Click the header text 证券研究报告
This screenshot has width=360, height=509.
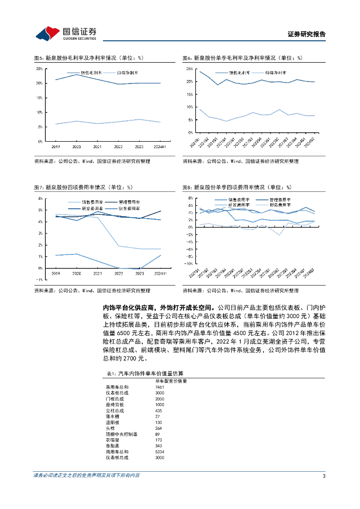coord(307,34)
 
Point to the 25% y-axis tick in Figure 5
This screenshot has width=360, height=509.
coord(39,69)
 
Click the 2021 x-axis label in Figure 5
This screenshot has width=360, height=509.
coord(98,147)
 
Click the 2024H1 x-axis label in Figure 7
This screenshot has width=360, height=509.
coord(160,274)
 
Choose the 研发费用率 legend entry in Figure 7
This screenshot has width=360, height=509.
coord(92,209)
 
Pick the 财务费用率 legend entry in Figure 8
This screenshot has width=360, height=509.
coord(280,204)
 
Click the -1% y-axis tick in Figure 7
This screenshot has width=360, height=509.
coord(39,280)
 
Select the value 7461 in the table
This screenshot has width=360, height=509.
coord(160,386)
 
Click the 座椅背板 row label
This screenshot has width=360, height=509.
coord(115,405)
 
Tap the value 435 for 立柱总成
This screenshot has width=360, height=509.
coord(159,411)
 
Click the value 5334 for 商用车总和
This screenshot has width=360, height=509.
coord(160,451)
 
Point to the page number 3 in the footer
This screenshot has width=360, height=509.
coord(324,476)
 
